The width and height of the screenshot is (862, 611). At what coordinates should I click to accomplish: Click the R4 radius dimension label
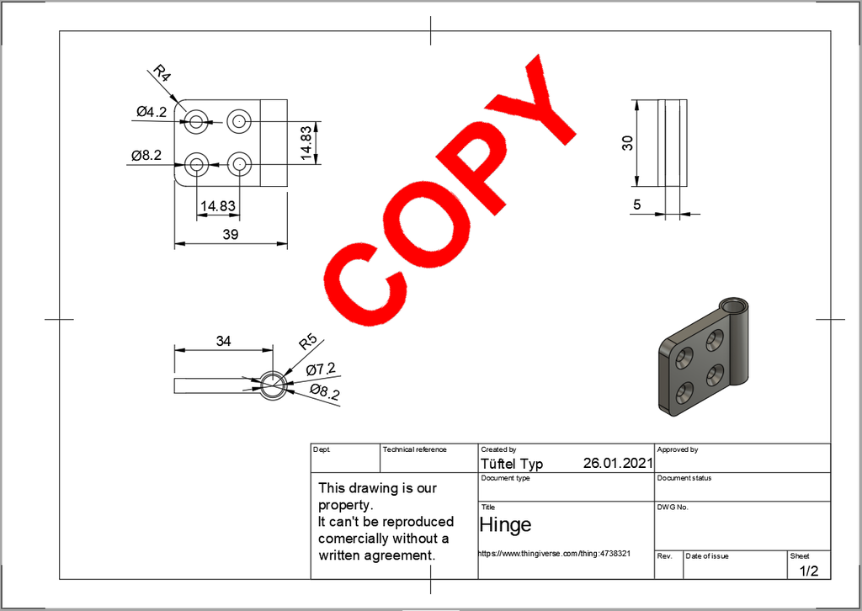click(x=162, y=74)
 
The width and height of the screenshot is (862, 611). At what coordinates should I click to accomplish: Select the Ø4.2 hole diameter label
click(x=152, y=111)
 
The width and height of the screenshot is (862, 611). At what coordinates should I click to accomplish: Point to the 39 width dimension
click(x=230, y=235)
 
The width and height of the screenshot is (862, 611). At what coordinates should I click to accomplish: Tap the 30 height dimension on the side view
click(x=627, y=143)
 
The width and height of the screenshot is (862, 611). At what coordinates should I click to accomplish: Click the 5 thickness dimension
click(x=637, y=205)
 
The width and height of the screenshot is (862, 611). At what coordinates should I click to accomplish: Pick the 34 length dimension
click(x=223, y=341)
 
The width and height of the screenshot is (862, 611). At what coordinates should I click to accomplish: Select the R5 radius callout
click(x=307, y=343)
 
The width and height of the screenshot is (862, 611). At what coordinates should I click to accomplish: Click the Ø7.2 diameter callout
click(x=321, y=369)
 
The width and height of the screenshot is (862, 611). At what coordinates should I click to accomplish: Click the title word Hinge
click(x=505, y=525)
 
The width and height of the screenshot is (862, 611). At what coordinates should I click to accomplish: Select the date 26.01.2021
click(x=617, y=464)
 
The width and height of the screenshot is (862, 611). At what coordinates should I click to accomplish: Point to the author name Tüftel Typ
click(x=511, y=464)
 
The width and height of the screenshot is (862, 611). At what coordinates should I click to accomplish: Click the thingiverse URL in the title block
click(x=554, y=554)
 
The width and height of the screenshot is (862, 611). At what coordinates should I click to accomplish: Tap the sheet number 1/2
click(x=808, y=571)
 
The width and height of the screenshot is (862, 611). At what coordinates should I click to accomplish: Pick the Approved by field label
click(x=678, y=450)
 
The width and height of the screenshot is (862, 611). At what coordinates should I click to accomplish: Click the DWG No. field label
click(x=673, y=507)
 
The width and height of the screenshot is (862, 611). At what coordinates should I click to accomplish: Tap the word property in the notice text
click(x=344, y=505)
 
